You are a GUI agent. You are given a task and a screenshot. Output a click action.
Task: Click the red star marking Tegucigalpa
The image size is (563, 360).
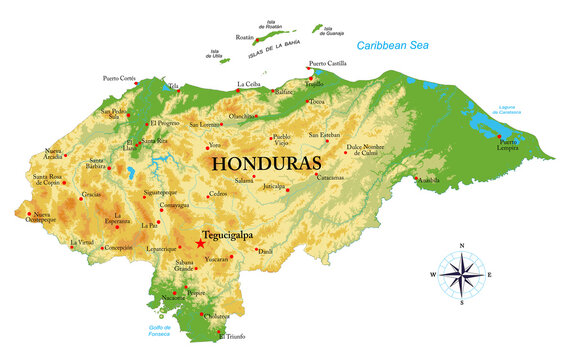tap(200, 243)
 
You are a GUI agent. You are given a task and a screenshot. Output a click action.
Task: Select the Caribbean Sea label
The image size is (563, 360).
tap(399, 46)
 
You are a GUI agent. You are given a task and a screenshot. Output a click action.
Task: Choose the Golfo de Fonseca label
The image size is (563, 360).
tap(146, 330)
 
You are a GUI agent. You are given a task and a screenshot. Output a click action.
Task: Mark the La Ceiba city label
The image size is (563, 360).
tap(250, 84)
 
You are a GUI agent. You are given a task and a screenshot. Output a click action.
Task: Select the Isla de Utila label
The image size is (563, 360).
tap(215, 53)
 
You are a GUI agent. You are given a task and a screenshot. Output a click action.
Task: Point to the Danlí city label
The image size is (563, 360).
tap(265, 250)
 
